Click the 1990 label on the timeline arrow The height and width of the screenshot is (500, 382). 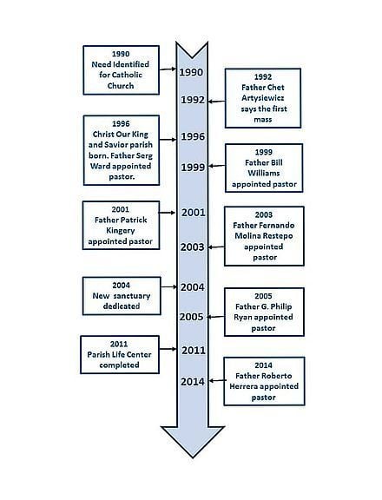pyautogui.click(x=191, y=72)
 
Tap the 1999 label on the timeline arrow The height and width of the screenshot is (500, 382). pyautogui.click(x=193, y=167)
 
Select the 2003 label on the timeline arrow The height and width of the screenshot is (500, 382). pyautogui.click(x=192, y=247)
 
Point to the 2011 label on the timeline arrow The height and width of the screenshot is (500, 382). pyautogui.click(x=194, y=351)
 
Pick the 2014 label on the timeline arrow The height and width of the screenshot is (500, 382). pyautogui.click(x=193, y=381)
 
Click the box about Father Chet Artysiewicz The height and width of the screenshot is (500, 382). pyautogui.click(x=263, y=98)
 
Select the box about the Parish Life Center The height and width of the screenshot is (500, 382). pyautogui.click(x=120, y=354)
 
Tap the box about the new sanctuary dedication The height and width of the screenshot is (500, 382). pyautogui.click(x=122, y=296)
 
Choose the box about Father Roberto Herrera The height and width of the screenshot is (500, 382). pyautogui.click(x=264, y=381)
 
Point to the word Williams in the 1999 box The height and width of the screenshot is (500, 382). pyautogui.click(x=264, y=173)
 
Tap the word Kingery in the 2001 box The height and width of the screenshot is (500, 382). pyautogui.click(x=120, y=231)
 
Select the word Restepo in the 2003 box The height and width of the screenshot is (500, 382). pyautogui.click(x=278, y=236)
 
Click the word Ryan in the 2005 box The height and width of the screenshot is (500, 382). pyautogui.click(x=243, y=318)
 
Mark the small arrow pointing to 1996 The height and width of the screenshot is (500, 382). pyautogui.click(x=168, y=140)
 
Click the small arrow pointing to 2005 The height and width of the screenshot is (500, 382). pyautogui.click(x=216, y=317)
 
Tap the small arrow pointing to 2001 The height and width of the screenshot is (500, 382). pyautogui.click(x=167, y=213)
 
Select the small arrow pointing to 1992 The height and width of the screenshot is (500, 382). pyautogui.click(x=216, y=102)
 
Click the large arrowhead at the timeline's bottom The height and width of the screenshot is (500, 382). pyautogui.click(x=193, y=442)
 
